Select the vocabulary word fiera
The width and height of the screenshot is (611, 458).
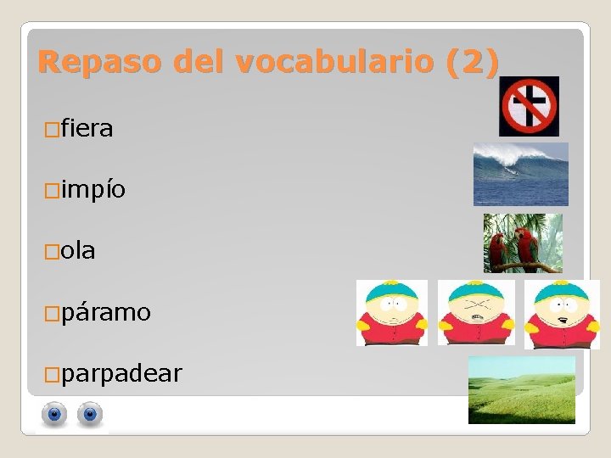click(x=87, y=129)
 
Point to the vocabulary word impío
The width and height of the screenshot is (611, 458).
click(x=94, y=190)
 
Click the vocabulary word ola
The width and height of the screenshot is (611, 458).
click(x=78, y=251)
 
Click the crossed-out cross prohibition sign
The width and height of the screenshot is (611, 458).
click(x=529, y=106)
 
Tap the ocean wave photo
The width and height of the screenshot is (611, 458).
click(x=520, y=174)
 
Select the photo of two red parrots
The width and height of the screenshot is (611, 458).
click(x=523, y=243)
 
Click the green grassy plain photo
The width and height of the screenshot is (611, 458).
click(x=522, y=389)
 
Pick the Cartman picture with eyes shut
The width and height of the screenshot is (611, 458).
click(x=476, y=312)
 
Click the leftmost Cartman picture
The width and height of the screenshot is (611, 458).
click(x=391, y=312)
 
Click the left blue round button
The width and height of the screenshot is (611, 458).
click(x=55, y=415)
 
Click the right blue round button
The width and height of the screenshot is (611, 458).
click(x=90, y=415)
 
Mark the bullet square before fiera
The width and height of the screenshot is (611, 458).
click(x=52, y=130)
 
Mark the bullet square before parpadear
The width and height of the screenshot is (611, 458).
click(x=52, y=374)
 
